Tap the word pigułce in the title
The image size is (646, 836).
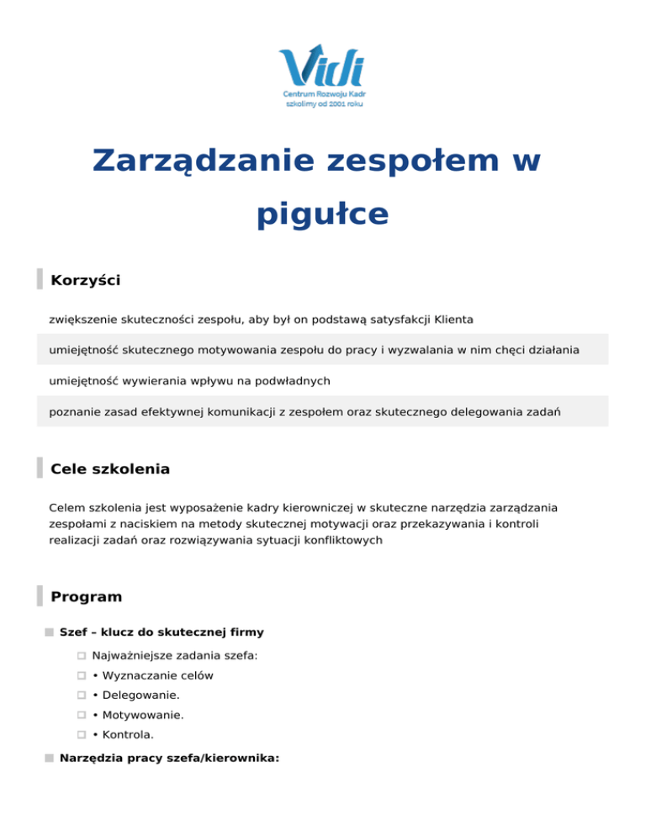tap(322, 214)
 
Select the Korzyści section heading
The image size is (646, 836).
tap(85, 280)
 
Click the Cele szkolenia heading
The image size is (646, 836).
tap(110, 468)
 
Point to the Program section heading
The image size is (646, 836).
tap(87, 597)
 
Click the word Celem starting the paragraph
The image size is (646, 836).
tap(68, 509)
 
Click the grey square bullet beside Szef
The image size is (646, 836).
tap(50, 632)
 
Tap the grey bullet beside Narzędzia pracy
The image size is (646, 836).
tap(50, 758)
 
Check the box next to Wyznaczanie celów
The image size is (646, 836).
tap(82, 675)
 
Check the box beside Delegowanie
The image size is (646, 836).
tap(82, 696)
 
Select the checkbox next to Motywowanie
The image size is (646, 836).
tap(82, 716)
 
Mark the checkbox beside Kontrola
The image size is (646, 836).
tap(82, 735)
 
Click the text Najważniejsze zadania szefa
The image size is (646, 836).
tap(174, 654)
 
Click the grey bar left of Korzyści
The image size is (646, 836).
tap(40, 279)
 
